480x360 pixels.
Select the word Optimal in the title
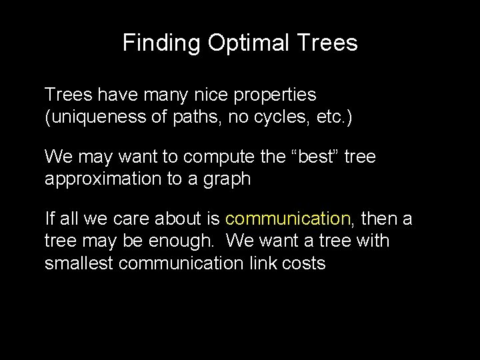click(x=248, y=43)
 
